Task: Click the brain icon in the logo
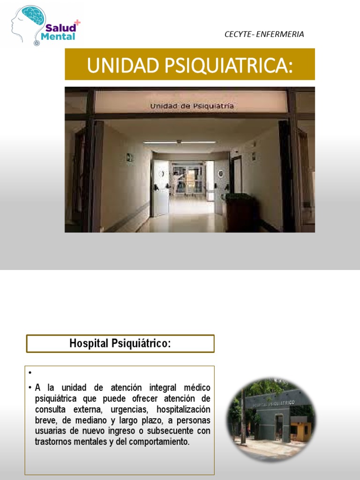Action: click(33, 15)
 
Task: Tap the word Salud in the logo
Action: click(60, 28)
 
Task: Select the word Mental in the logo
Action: click(58, 37)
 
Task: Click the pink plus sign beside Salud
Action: click(77, 22)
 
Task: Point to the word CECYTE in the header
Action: click(238, 34)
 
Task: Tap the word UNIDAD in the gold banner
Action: click(123, 65)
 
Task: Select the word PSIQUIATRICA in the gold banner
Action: click(229, 65)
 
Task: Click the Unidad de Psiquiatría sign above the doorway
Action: click(192, 106)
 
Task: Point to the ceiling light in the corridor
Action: click(180, 142)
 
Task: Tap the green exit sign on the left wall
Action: click(129, 157)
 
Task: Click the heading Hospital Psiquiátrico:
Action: click(120, 344)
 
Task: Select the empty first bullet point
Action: click(30, 373)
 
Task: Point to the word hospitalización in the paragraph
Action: click(183, 409)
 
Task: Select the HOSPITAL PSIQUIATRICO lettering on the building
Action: click(273, 404)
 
